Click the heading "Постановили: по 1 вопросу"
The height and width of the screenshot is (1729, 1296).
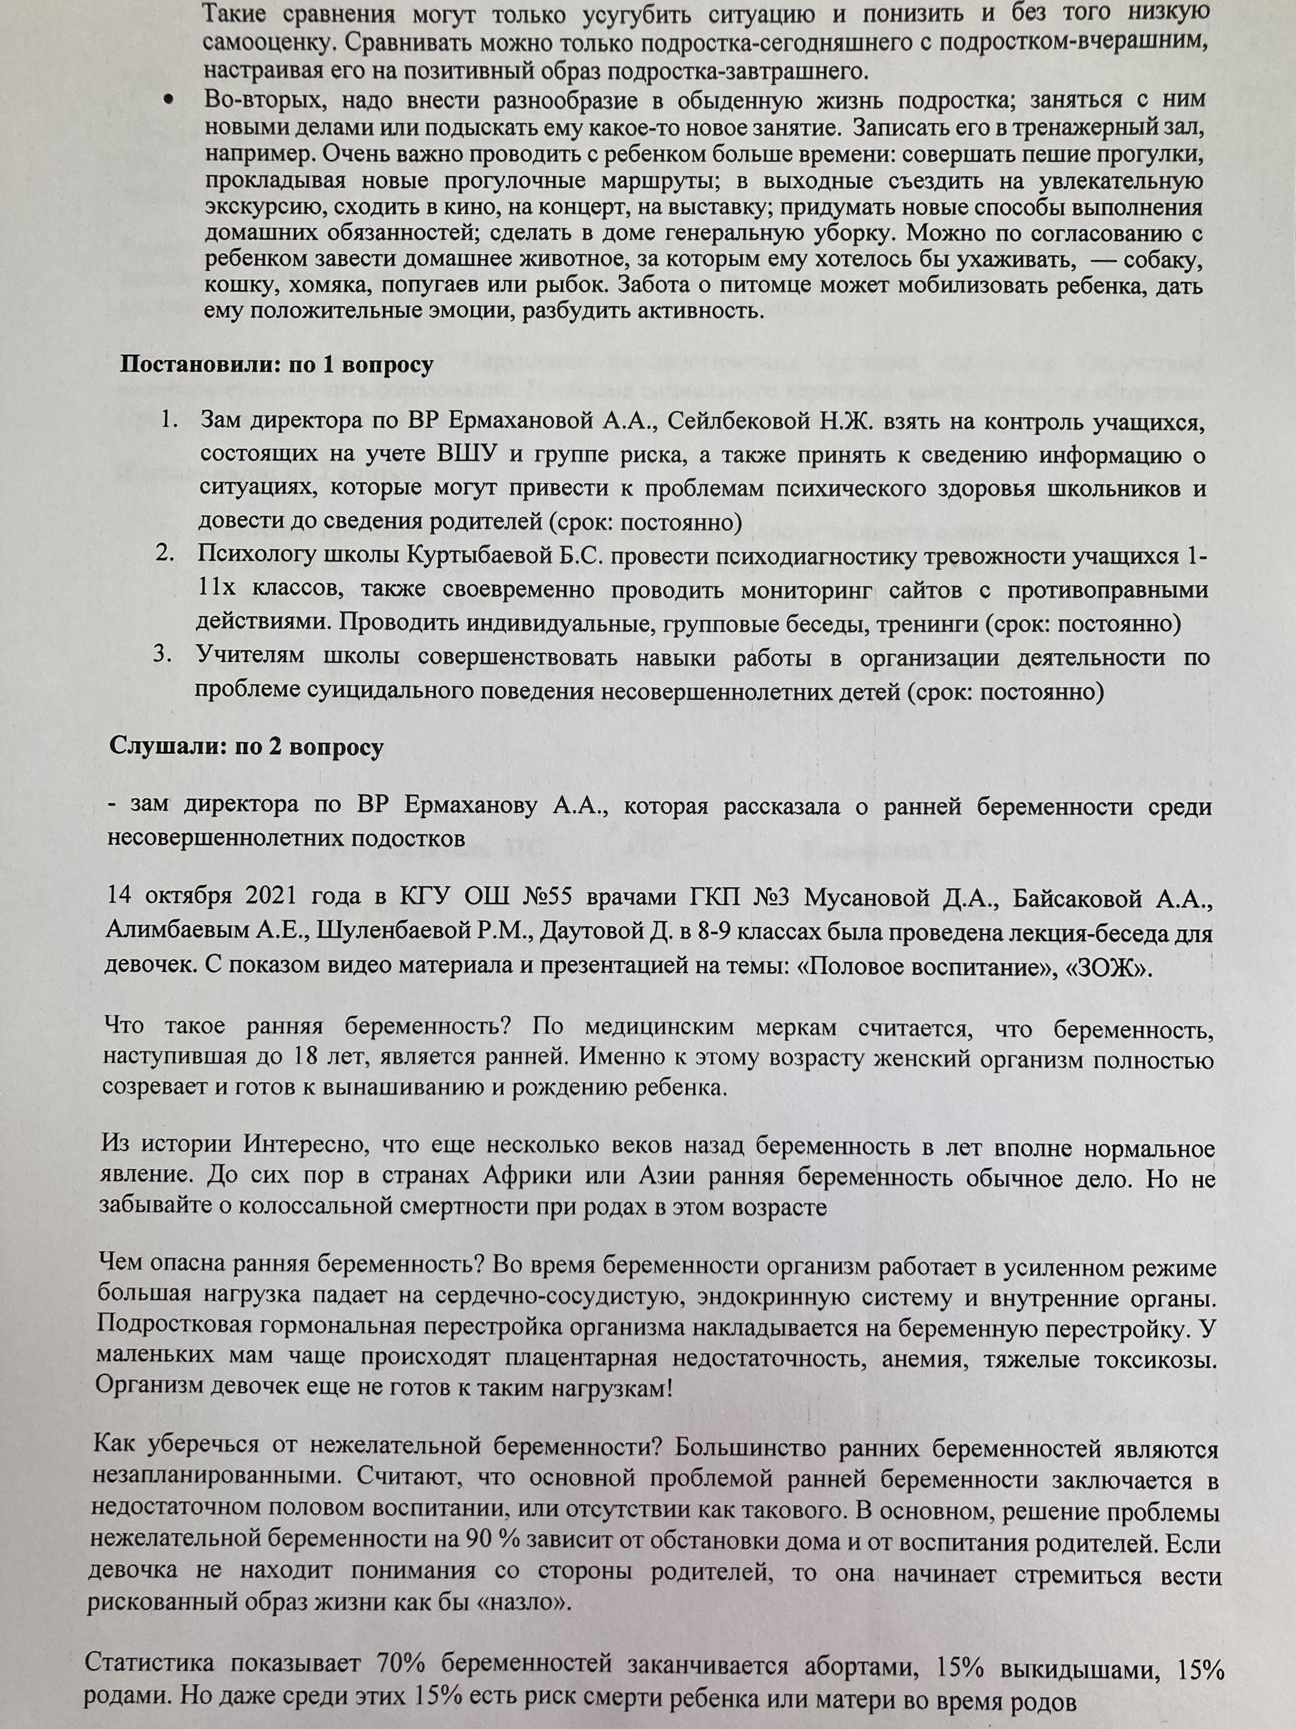point(275,365)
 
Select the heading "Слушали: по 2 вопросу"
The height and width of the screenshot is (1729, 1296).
point(246,747)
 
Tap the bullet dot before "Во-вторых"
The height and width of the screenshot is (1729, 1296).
point(168,103)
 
